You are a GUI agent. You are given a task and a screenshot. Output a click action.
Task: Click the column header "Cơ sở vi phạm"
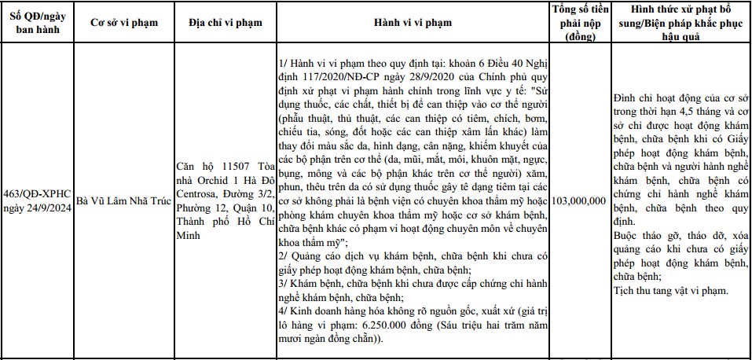[x=119, y=23]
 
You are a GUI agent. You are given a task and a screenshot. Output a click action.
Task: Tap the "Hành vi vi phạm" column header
[x=413, y=23]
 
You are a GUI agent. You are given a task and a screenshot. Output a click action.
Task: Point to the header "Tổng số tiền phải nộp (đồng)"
[x=580, y=23]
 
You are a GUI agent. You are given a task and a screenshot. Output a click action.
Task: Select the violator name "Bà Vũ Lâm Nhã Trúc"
[x=119, y=201]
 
